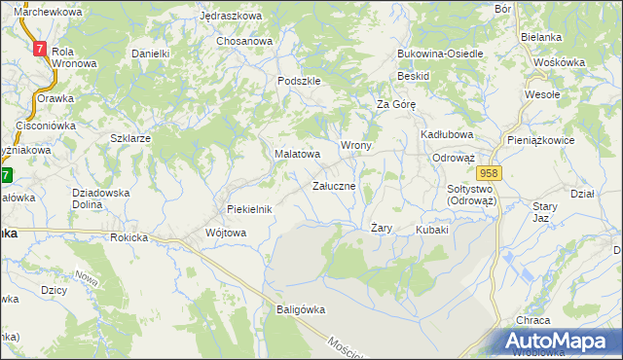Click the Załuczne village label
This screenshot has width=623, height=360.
pyautogui.click(x=340, y=185)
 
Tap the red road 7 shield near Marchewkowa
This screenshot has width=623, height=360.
pyautogui.click(x=40, y=48)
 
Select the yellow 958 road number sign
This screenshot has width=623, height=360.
pyautogui.click(x=490, y=173)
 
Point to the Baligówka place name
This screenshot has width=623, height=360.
pyautogui.click(x=298, y=309)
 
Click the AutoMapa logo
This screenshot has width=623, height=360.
pyautogui.click(x=559, y=342)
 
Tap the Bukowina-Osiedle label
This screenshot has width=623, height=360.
pyautogui.click(x=440, y=54)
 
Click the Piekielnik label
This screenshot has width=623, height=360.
pyautogui.click(x=249, y=209)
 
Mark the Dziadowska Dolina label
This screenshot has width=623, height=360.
pyautogui.click(x=101, y=198)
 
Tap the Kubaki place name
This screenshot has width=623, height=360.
pyautogui.click(x=431, y=231)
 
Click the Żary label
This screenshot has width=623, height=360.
pyautogui.click(x=382, y=228)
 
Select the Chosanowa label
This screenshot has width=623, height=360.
pyautogui.click(x=244, y=41)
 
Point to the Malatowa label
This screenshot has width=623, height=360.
pyautogui.click(x=297, y=154)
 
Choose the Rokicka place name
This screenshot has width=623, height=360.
pyautogui.click(x=128, y=236)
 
